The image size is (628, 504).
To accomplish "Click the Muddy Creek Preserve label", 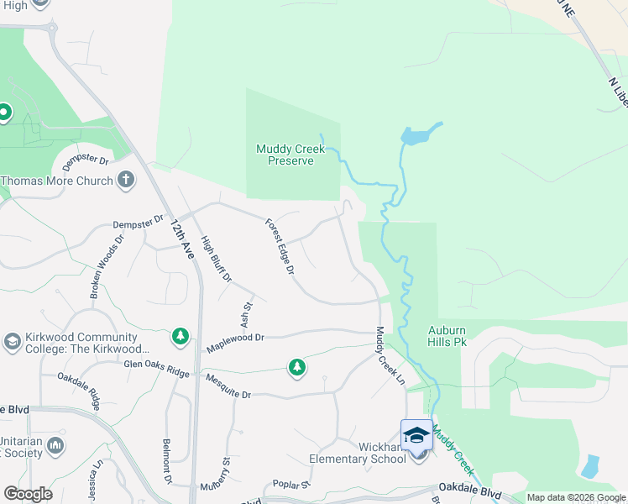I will pos(290,155).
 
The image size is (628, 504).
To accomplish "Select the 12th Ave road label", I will pos(181,239).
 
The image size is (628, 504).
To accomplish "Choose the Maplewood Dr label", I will pos(235,338).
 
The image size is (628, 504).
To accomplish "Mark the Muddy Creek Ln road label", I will pos(390,356).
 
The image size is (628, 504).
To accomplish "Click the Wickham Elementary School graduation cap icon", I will pos(416,435).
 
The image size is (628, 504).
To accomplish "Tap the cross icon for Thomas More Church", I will pos(125,179).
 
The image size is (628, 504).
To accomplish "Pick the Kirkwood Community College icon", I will pos(12,341).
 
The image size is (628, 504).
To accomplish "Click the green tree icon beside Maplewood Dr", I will pos(180,336).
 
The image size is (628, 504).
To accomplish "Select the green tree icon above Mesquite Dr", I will pos(296,367).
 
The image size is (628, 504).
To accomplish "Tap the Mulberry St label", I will pos(224,475).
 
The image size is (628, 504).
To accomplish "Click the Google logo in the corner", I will pos(28,494).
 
